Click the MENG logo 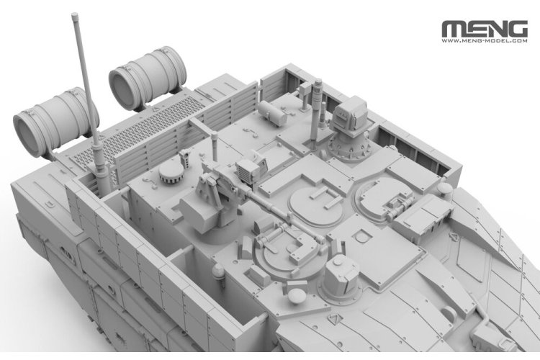click(485, 29)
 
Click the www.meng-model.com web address click(485, 40)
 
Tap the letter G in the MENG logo click(516, 29)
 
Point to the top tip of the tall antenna click(74, 14)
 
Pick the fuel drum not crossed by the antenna click(148, 78)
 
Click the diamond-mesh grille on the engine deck click(138, 131)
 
